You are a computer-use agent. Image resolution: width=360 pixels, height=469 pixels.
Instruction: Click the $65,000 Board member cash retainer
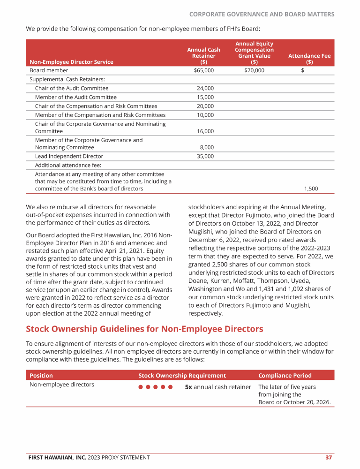[203, 70]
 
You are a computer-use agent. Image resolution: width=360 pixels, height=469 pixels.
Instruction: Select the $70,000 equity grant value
[254, 70]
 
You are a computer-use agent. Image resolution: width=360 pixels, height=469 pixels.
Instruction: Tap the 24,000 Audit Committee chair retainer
[205, 88]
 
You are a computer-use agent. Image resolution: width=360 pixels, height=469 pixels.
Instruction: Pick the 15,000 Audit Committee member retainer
[205, 97]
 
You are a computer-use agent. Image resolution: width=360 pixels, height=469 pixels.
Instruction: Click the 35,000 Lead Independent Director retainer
[205, 156]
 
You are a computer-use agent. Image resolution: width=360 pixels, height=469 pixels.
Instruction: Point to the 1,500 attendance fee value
[311, 189]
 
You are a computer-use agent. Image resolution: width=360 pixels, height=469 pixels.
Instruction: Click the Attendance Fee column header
[309, 59]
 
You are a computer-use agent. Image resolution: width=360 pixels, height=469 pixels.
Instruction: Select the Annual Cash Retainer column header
[203, 55]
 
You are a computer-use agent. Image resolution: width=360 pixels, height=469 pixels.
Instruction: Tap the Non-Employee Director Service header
[71, 61]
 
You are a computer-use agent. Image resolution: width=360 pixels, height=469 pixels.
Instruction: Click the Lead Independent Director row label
[69, 156]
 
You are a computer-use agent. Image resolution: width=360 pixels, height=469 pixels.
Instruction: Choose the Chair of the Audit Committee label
[71, 88]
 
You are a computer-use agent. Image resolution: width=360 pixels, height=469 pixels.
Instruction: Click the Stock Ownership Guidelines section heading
[144, 329]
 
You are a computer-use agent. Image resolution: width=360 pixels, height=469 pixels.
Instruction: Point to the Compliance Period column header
[285, 375]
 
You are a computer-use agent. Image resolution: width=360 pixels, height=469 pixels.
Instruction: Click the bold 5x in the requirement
[188, 387]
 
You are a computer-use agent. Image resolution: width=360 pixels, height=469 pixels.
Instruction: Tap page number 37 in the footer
[329, 457]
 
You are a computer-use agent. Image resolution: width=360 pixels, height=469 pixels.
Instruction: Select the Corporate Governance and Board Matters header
[262, 14]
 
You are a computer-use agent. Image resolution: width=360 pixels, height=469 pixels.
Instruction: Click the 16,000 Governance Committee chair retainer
[205, 131]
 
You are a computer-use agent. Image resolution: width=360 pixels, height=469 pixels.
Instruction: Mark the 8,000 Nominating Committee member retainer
[207, 147]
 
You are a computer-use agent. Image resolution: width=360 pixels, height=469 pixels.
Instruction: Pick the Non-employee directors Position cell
[62, 385]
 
